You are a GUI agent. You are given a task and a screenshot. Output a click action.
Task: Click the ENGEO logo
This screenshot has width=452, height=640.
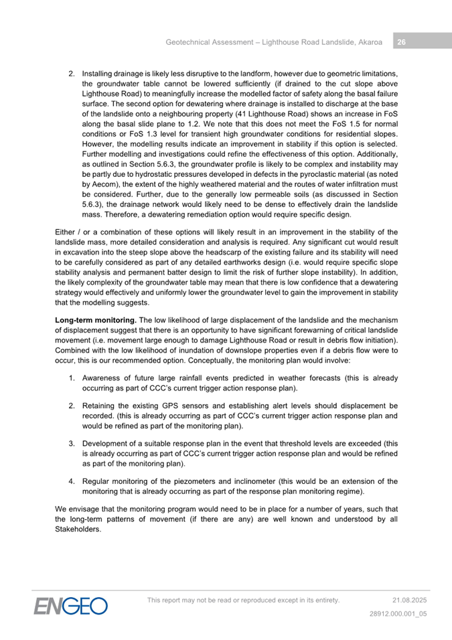point(72,606)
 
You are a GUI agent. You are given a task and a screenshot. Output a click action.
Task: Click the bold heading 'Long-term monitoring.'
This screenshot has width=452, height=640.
point(95,321)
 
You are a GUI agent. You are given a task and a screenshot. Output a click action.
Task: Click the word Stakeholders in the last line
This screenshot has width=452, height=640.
point(77,529)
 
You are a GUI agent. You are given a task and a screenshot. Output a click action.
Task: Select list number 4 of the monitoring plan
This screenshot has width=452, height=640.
point(71,481)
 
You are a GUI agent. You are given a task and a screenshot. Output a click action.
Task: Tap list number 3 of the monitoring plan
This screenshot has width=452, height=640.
point(71,444)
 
